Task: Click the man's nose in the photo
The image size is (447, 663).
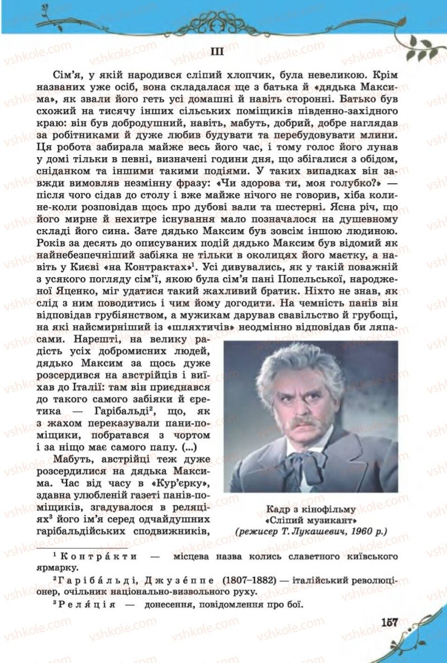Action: click(307, 409)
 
